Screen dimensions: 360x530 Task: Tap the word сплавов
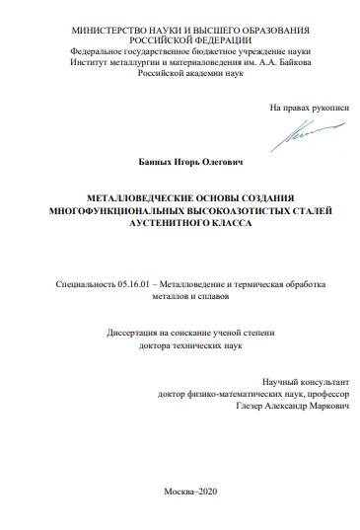[x=209, y=296]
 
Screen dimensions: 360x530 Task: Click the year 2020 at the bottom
[x=198, y=491]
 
